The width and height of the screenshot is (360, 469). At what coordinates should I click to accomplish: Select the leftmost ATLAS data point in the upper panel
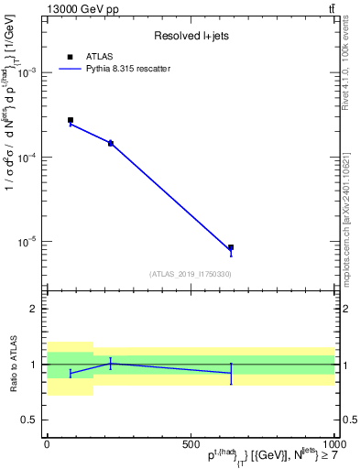[71, 120]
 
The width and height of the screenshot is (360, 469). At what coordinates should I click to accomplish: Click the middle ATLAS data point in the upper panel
[111, 143]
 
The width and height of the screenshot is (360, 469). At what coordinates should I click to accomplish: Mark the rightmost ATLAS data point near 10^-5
[231, 247]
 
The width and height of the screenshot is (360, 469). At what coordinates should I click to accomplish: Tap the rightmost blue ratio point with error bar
[231, 373]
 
